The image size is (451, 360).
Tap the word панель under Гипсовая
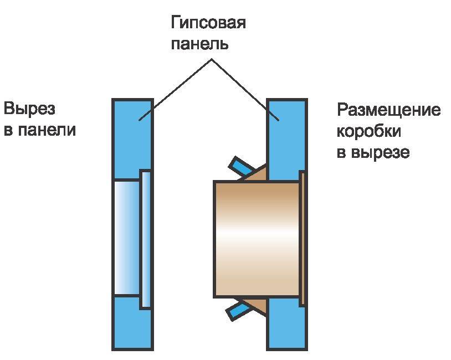click(199, 44)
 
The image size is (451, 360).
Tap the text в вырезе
click(373, 152)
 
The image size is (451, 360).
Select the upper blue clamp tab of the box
click(241, 165)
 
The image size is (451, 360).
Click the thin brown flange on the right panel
click(302, 238)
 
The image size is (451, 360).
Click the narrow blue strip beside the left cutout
click(145, 238)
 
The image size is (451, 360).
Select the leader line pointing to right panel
click(244, 89)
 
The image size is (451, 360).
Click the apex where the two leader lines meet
click(211, 59)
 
